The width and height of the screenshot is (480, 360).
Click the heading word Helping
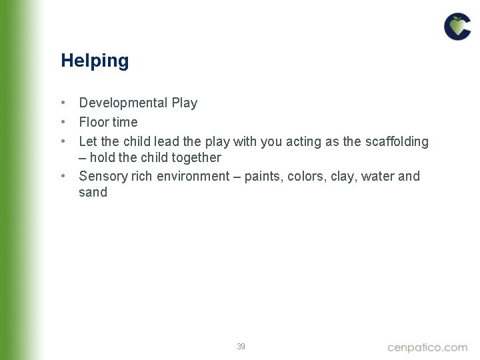(95, 61)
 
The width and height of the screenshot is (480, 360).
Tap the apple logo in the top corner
(457, 27)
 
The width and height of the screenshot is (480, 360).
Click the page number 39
(241, 347)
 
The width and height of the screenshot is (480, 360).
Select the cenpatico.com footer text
(427, 347)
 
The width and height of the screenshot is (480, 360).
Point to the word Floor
(94, 122)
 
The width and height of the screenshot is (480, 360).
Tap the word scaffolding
(397, 141)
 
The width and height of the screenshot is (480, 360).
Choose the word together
(196, 157)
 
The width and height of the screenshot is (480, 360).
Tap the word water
(378, 176)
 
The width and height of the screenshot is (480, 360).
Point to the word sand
(93, 193)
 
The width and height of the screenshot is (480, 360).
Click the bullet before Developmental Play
(62, 103)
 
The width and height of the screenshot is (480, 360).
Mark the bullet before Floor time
(62, 122)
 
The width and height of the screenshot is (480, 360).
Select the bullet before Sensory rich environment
(62, 176)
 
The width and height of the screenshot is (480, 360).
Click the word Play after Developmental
(185, 103)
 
